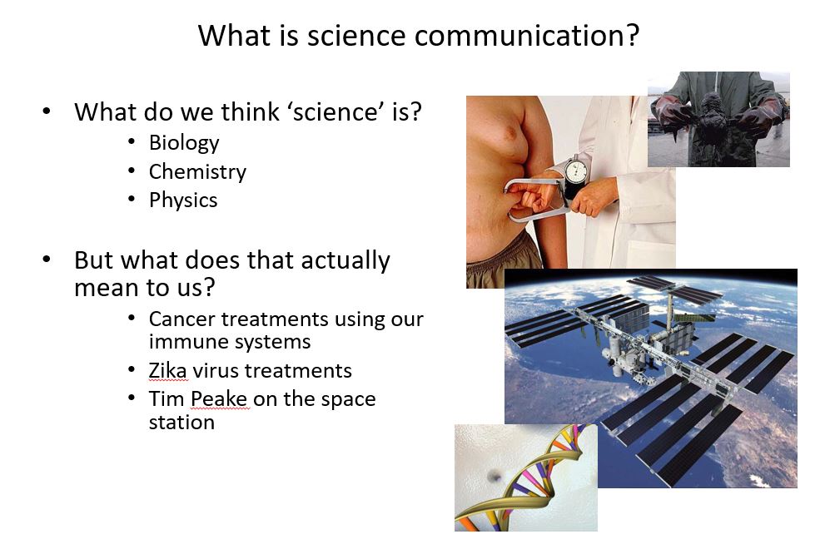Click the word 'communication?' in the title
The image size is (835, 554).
tap(526, 36)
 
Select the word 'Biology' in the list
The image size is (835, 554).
tap(184, 143)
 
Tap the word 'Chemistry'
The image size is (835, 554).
tap(197, 172)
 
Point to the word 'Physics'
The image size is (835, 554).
tap(183, 200)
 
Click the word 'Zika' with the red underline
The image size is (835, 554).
tap(167, 370)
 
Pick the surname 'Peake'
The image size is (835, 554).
tap(219, 398)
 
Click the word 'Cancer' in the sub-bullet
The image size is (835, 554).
tap(182, 319)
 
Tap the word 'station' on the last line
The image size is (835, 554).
tap(181, 423)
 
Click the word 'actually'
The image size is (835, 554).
tap(345, 261)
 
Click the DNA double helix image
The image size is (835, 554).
tap(525, 478)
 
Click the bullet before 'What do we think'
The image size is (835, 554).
tap(47, 111)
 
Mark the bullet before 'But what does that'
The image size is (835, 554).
tap(47, 260)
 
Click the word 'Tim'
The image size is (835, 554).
tap(167, 398)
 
